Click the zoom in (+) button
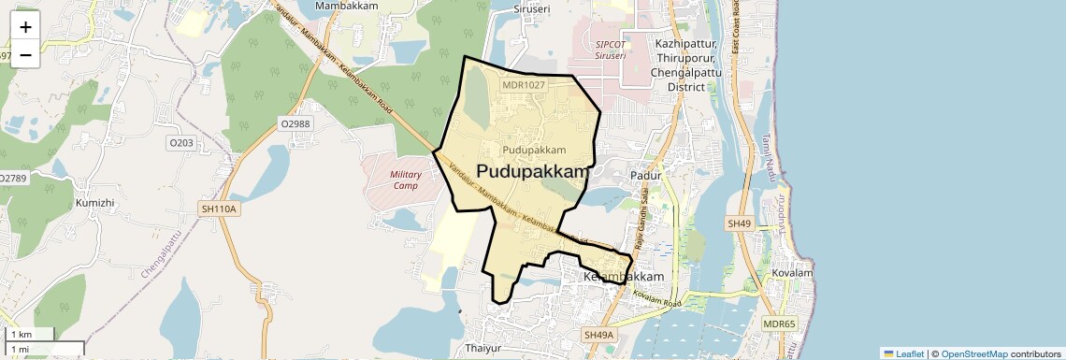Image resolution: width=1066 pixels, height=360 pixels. pyautogui.click(x=25, y=26)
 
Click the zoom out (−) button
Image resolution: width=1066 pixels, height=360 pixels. pyautogui.click(x=25, y=54)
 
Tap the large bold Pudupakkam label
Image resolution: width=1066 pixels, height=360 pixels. pyautogui.click(x=534, y=171)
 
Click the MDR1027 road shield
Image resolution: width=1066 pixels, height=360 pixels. pyautogui.click(x=523, y=85)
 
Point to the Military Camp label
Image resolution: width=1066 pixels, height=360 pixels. pyautogui.click(x=406, y=180)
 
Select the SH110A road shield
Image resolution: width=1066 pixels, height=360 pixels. pyautogui.click(x=219, y=209)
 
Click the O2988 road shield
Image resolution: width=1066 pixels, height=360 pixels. pyautogui.click(x=295, y=122)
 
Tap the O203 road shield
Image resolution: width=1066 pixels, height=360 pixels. pyautogui.click(x=180, y=143)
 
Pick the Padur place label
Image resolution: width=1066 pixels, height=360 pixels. pyautogui.click(x=646, y=175)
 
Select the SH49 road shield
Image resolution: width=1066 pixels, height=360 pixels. pyautogui.click(x=739, y=223)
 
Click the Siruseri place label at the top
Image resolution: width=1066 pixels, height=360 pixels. pyautogui.click(x=531, y=8)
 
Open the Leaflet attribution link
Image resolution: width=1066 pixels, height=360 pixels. pyautogui.click(x=904, y=353)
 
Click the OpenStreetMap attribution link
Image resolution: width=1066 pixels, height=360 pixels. pyautogui.click(x=973, y=353)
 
